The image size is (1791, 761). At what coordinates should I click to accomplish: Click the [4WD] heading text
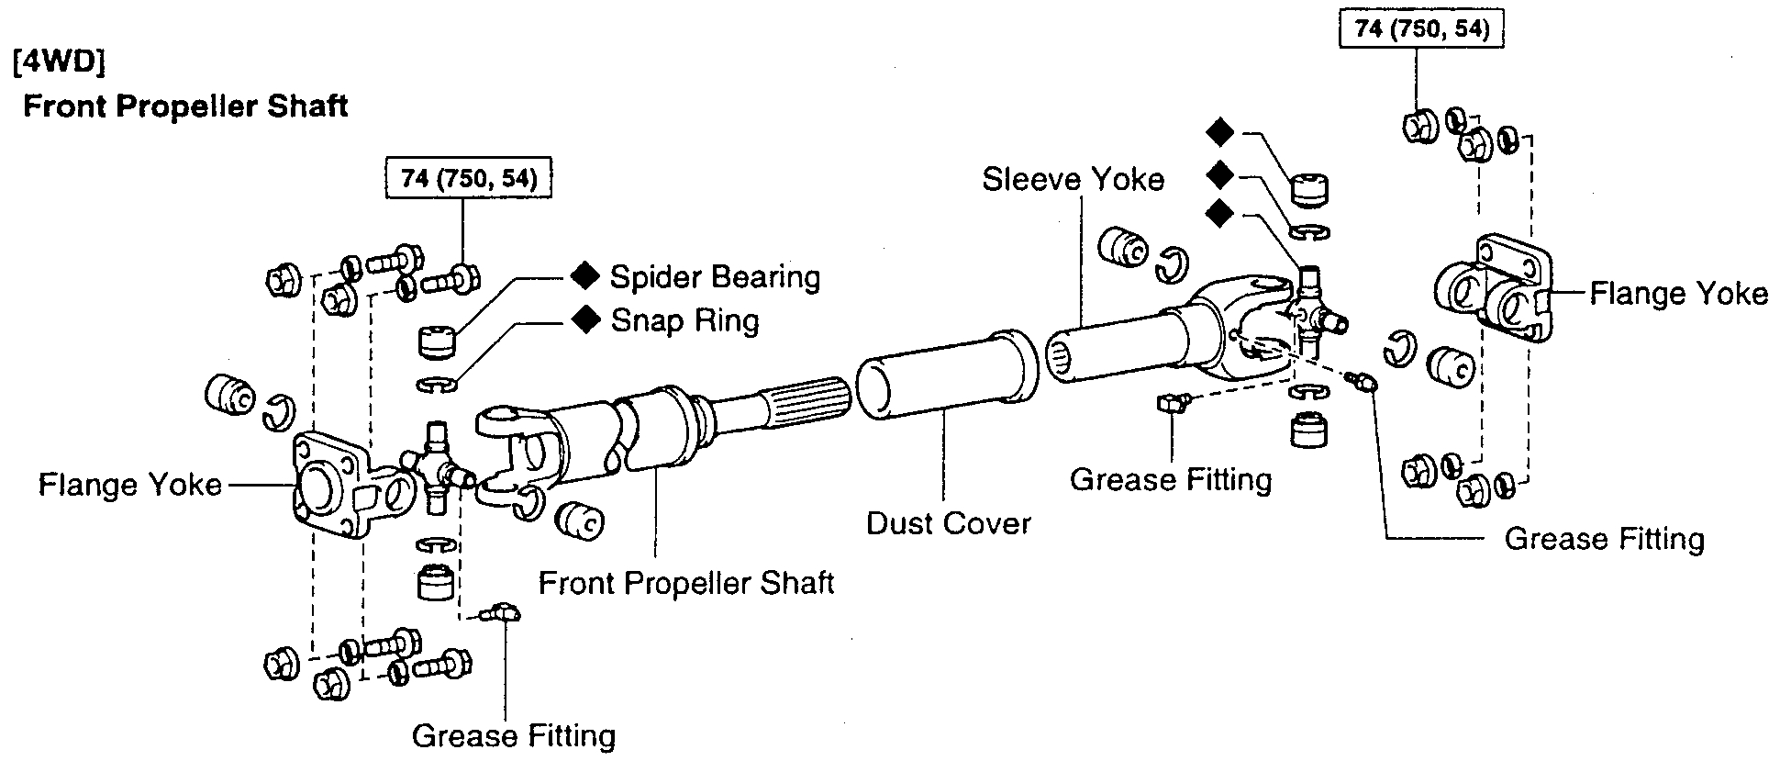[60, 65]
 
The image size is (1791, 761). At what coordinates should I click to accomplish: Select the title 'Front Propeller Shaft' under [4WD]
[185, 106]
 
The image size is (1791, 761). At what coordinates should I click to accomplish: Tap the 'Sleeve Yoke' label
[1073, 179]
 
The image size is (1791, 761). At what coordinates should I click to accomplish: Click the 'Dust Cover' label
[949, 524]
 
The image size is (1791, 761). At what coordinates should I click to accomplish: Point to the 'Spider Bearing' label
[715, 276]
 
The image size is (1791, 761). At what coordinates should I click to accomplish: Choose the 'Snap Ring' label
[684, 320]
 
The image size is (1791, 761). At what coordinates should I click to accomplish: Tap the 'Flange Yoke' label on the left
[129, 484]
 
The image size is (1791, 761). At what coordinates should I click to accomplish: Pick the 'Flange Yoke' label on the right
[1678, 294]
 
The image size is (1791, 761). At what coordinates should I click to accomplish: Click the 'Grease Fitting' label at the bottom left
[513, 735]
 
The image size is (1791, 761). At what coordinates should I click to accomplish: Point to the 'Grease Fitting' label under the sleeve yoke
[1171, 480]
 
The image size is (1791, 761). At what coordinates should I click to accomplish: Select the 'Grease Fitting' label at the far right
[1604, 539]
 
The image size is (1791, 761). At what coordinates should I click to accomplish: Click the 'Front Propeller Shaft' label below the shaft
[685, 583]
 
